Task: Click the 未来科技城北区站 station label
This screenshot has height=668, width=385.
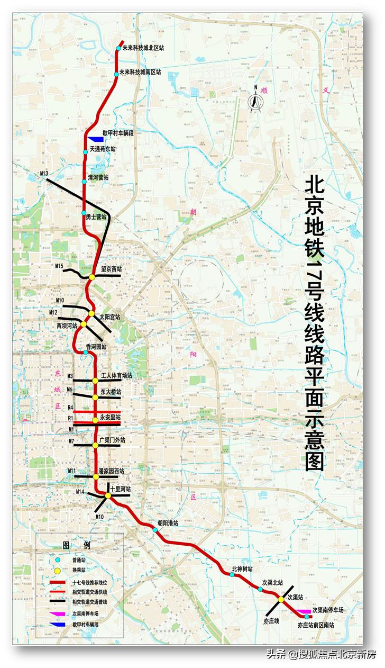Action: point(143,47)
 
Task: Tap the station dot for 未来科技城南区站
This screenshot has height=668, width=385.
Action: point(116,74)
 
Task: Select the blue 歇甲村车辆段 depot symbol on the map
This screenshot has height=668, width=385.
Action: point(96,139)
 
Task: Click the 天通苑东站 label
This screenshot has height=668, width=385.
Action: point(103,149)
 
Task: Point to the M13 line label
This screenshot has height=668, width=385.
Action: point(44,174)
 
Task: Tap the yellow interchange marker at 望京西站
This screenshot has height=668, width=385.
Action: point(92,277)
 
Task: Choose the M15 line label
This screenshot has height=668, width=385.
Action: point(59,265)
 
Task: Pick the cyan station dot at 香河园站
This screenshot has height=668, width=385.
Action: point(85,352)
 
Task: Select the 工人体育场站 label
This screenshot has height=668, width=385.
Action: point(116,375)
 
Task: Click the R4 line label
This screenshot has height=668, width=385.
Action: point(70,408)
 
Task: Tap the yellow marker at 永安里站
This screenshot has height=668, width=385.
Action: point(95,420)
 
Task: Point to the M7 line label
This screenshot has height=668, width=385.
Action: point(70,441)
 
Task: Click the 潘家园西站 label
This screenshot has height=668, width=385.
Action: point(112,471)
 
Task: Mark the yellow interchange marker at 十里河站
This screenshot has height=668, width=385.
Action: point(108,495)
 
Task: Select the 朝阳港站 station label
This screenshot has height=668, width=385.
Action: point(168,522)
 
